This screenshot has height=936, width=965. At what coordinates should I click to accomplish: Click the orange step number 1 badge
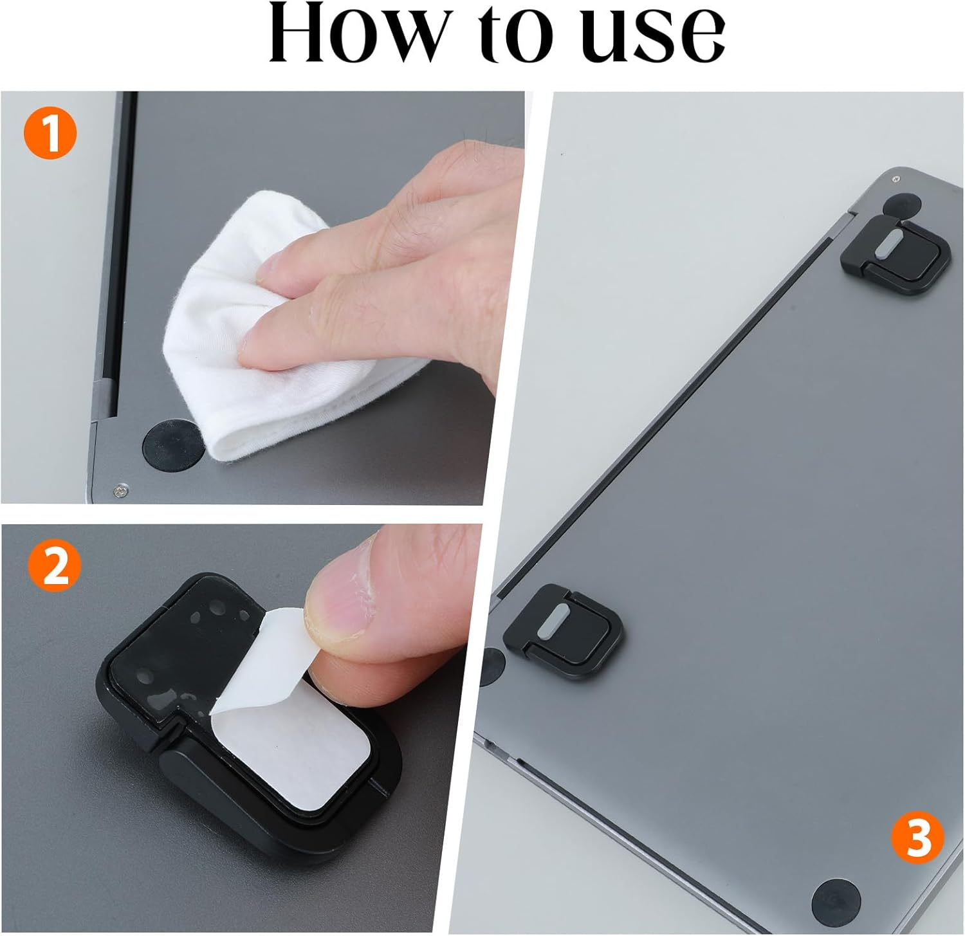[x=50, y=134]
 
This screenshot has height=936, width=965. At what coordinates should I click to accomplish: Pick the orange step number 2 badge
[x=55, y=565]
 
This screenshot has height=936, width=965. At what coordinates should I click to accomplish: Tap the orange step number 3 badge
[x=917, y=839]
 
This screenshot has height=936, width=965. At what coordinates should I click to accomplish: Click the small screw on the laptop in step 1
[x=119, y=491]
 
